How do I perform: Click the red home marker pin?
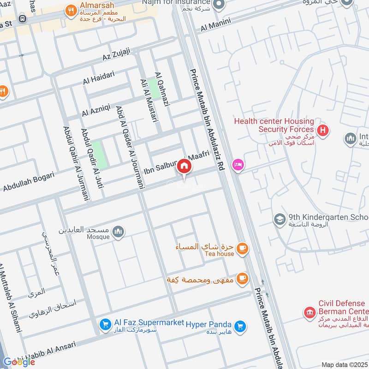(184, 167)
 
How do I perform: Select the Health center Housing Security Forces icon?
(324, 131)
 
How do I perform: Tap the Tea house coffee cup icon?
(242, 250)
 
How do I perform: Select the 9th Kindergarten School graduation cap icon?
(279, 220)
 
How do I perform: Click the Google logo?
(19, 362)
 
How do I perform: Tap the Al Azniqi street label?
(96, 110)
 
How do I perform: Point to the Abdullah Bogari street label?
(28, 181)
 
